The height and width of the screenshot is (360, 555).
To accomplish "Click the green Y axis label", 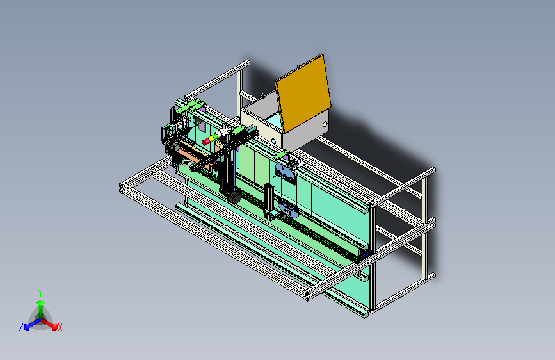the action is pyautogui.click(x=40, y=293).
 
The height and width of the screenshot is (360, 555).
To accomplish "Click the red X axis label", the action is pyautogui.click(x=60, y=328).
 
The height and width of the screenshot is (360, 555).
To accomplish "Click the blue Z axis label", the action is pyautogui.click(x=21, y=327).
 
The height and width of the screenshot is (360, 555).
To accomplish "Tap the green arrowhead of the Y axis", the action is pyautogui.click(x=41, y=303).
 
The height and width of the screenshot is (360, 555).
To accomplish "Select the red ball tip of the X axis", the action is pyautogui.click(x=54, y=327).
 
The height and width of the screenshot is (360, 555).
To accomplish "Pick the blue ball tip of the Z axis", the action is pyautogui.click(x=26, y=327).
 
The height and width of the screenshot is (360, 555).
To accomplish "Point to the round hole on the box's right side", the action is pyautogui.click(x=325, y=124).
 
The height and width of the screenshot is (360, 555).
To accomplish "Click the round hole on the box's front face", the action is pyautogui.click(x=273, y=142).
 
